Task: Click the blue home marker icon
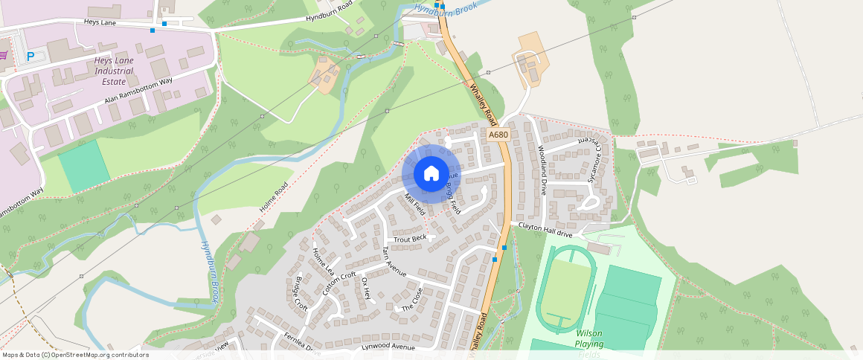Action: (431, 174)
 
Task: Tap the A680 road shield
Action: (498, 135)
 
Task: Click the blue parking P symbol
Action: (31, 57)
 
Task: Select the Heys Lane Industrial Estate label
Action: (114, 71)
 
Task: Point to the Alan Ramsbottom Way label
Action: (138, 89)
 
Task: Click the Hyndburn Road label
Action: (329, 13)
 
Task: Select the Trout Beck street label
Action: (410, 239)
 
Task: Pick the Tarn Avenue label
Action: (394, 262)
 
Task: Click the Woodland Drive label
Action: (542, 170)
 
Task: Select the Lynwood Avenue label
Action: (388, 347)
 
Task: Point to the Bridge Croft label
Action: (301, 295)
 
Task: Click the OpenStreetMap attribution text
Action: (75, 355)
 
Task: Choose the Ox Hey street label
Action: (365, 289)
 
